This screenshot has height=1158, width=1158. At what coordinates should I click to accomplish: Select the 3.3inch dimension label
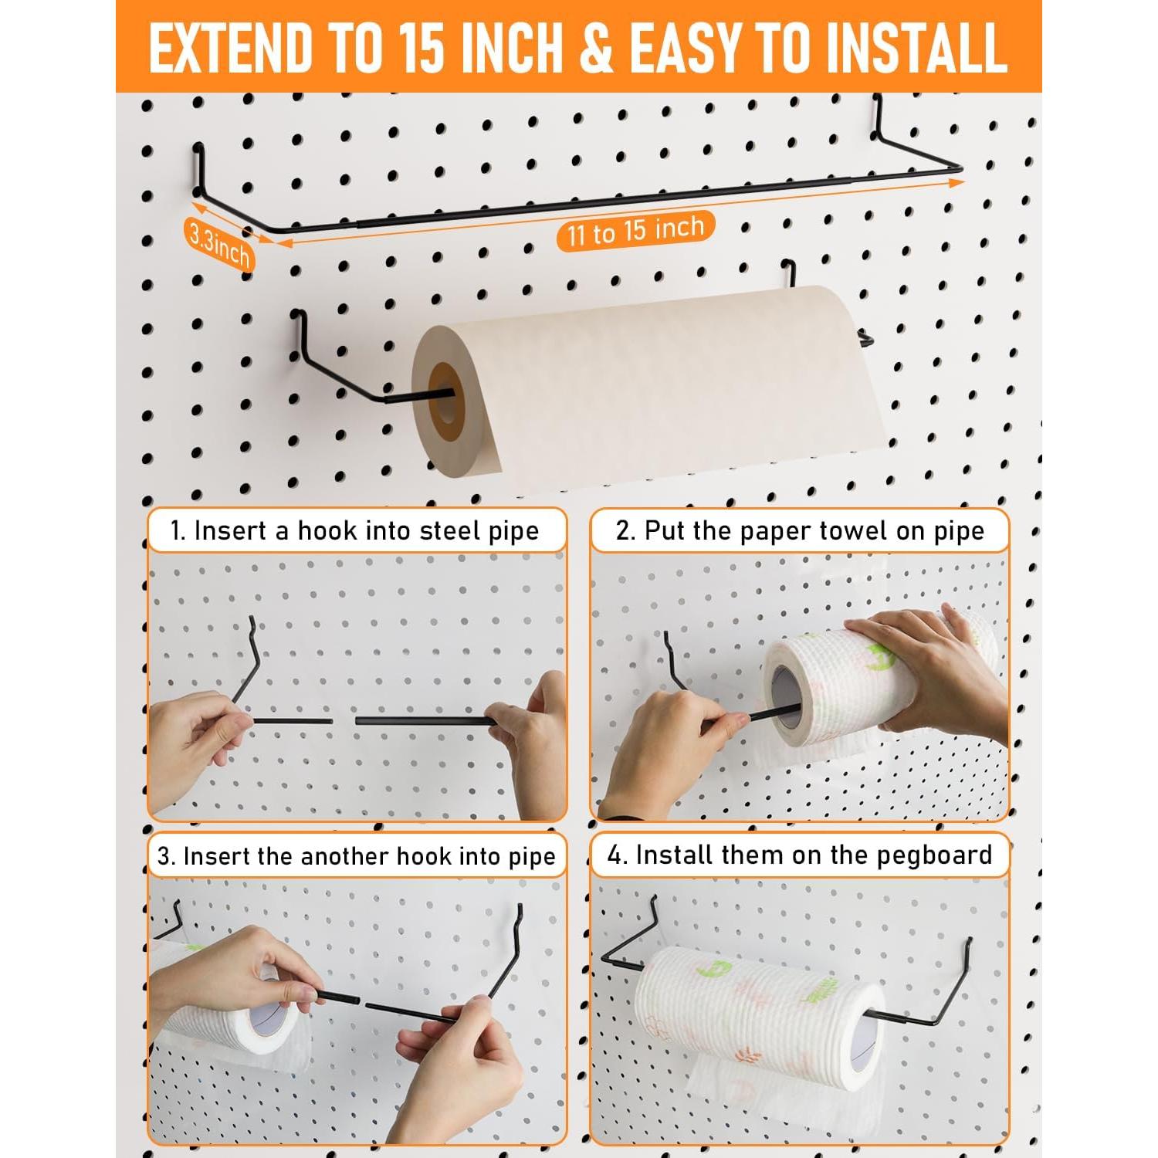tap(219, 243)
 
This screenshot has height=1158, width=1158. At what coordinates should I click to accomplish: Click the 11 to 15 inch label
tap(635, 230)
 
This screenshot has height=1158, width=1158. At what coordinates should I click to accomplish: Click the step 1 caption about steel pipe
tap(355, 530)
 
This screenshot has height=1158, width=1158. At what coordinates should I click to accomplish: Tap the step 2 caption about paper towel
tap(800, 530)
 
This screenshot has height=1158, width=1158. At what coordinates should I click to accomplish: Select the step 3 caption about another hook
tap(357, 856)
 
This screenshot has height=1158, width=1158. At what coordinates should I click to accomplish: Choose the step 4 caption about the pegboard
tap(800, 855)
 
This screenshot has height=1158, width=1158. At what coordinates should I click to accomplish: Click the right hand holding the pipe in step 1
tap(533, 733)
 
